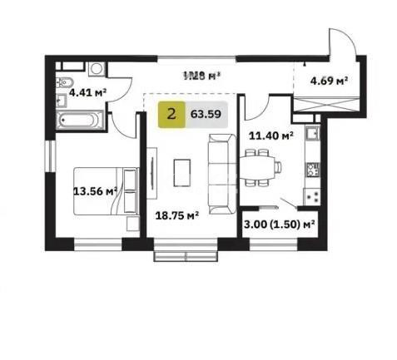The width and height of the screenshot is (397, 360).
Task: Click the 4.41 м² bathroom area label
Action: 87,92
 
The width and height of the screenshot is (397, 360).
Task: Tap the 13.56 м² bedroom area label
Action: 93,190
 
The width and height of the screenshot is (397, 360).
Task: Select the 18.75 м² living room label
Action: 176,215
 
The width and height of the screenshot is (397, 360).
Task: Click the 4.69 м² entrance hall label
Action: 328,81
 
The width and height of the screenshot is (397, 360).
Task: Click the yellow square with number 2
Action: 171,116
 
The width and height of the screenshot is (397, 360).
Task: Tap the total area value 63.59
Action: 206,116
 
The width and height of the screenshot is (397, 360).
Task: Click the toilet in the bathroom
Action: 65,82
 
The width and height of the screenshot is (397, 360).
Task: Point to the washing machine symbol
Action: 96,69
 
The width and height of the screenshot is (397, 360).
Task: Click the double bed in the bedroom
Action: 104,190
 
